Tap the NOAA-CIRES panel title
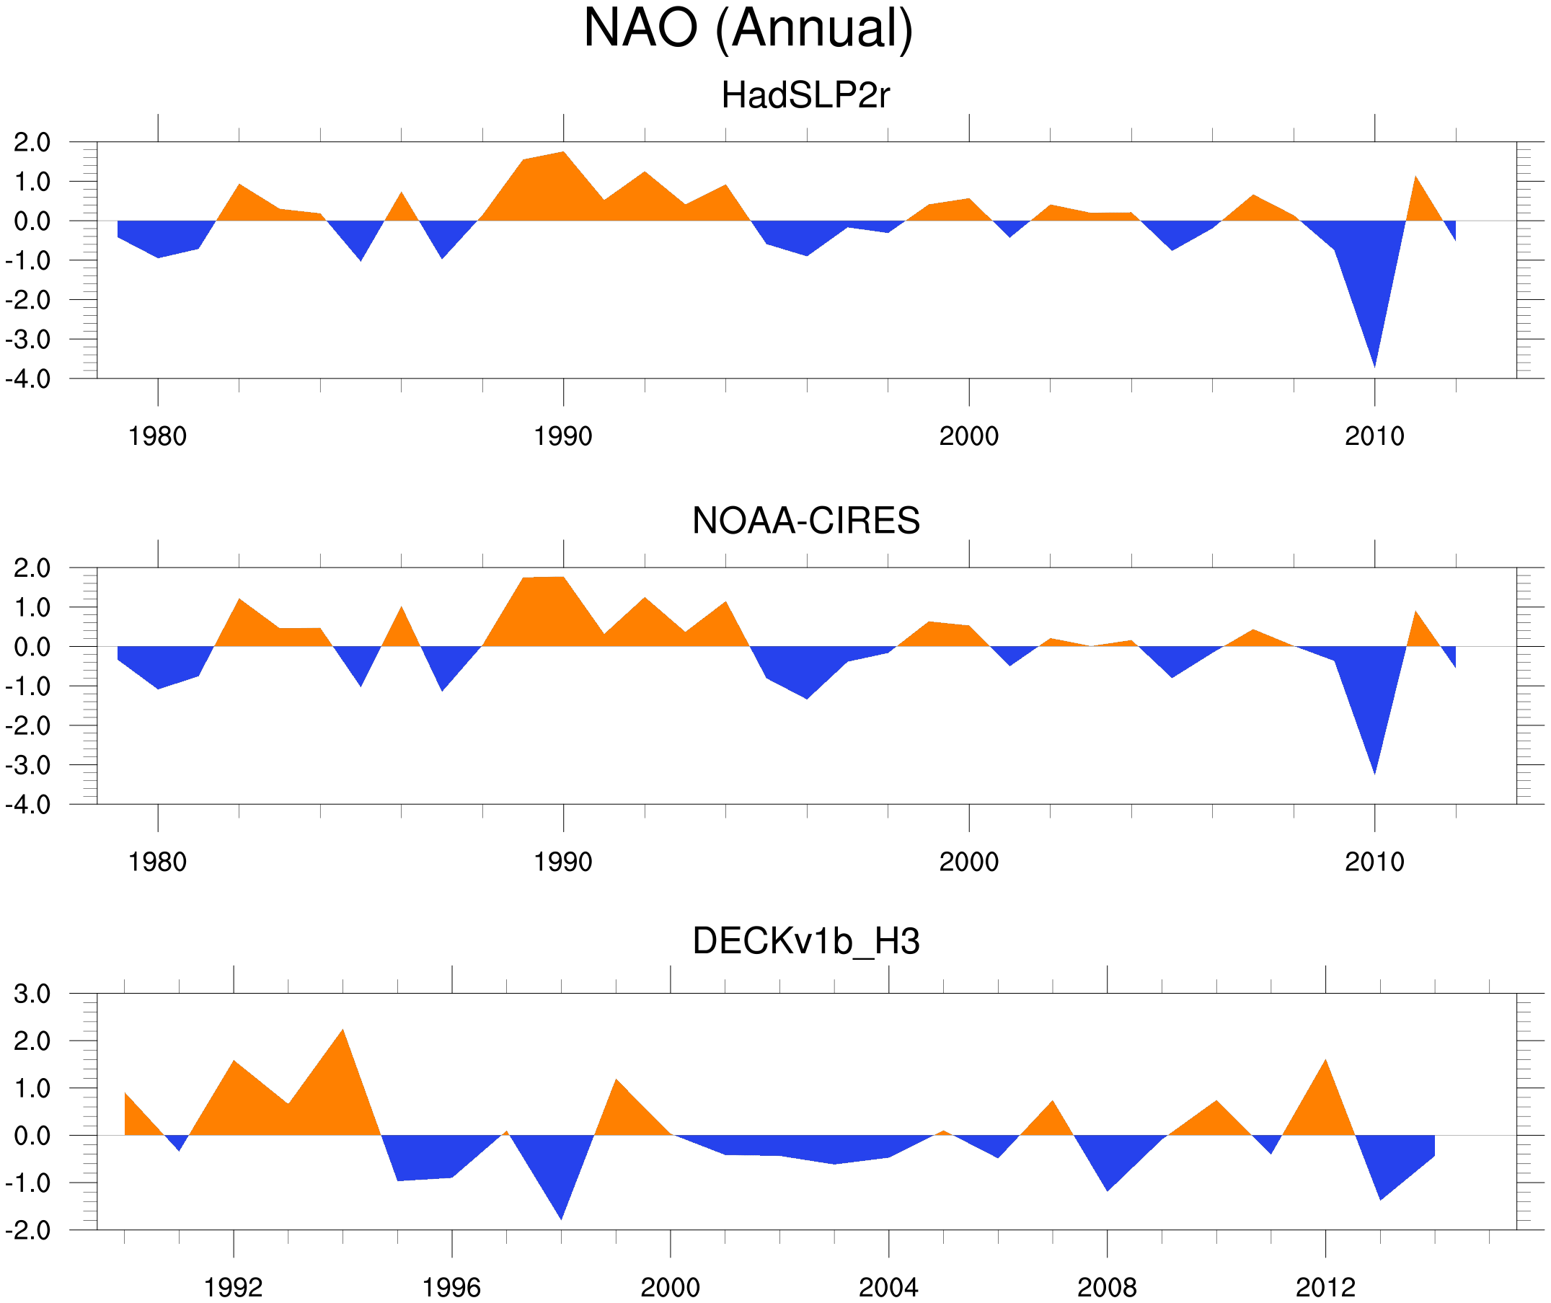[x=805, y=521]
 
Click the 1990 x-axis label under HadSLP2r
[x=563, y=436]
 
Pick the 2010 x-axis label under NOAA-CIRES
[x=1374, y=862]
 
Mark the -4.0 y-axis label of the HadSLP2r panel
[x=28, y=380]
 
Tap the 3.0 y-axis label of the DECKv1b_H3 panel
[x=32, y=994]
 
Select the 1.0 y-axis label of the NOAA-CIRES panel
[x=32, y=608]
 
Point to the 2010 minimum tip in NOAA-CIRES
[x=1374, y=771]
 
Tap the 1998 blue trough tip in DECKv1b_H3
[x=561, y=1217]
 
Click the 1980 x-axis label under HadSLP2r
[x=157, y=436]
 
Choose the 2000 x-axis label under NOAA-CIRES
[x=968, y=862]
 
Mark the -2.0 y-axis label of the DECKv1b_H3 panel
[x=28, y=1231]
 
